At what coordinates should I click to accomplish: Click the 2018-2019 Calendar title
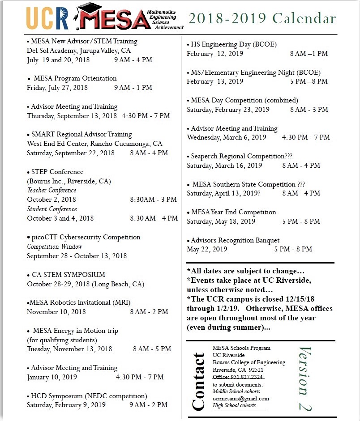[262, 18]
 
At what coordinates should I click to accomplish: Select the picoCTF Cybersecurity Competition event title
[86, 237]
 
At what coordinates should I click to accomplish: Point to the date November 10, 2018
[56, 311]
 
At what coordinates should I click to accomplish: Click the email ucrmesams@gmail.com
[241, 399]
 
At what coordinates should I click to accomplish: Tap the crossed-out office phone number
[238, 377]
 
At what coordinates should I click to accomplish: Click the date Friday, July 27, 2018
[57, 88]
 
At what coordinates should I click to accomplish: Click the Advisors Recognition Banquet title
[235, 240]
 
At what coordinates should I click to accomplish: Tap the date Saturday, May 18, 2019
[221, 221]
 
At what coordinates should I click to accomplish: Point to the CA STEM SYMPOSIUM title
[69, 275]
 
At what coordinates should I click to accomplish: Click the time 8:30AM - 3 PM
[153, 200]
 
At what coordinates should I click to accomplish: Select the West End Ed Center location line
[94, 144]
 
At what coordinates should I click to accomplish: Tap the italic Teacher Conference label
[52, 190]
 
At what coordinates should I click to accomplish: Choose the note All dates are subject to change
[245, 271]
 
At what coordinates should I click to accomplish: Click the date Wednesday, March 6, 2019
[227, 137]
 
